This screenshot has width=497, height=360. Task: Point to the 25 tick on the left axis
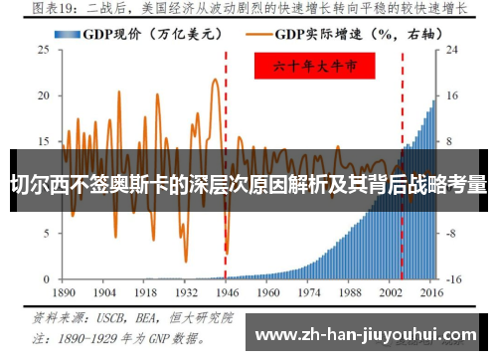[44, 49]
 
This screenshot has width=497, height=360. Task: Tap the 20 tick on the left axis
[44, 95]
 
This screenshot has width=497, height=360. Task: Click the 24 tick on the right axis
[450, 49]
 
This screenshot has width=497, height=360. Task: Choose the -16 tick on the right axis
[452, 279]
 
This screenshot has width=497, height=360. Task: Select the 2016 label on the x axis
[432, 294]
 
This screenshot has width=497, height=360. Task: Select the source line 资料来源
[129, 319]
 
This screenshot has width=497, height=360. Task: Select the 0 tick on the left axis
[47, 279]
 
